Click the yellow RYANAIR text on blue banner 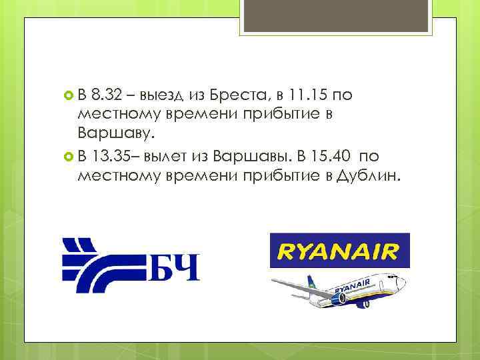[x=339, y=251]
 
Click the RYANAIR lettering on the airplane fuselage [x=352, y=288]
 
